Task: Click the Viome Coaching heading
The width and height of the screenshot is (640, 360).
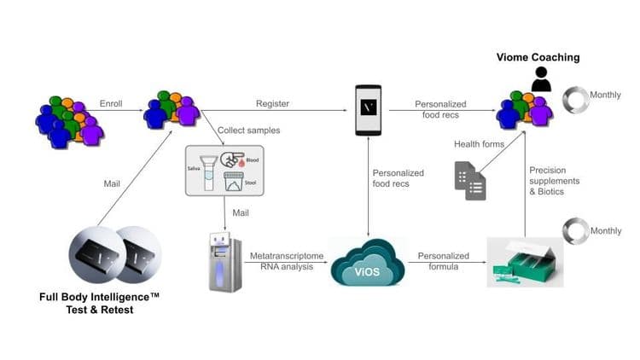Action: pos(538,58)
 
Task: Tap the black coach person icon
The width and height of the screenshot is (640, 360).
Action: pos(540,79)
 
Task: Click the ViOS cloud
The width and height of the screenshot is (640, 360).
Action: pos(367,261)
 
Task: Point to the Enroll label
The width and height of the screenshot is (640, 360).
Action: pos(111,104)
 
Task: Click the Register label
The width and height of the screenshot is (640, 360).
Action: pos(272,104)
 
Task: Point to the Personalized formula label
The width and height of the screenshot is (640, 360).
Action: pos(444,260)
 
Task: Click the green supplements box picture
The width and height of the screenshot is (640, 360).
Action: pos(525,261)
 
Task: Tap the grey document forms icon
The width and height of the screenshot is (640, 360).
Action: pos(470,180)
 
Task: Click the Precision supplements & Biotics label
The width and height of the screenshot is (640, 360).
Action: pos(554,181)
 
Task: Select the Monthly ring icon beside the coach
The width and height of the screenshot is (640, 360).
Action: pos(576,100)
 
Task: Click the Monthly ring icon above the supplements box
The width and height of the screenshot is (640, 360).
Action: pos(576,230)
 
